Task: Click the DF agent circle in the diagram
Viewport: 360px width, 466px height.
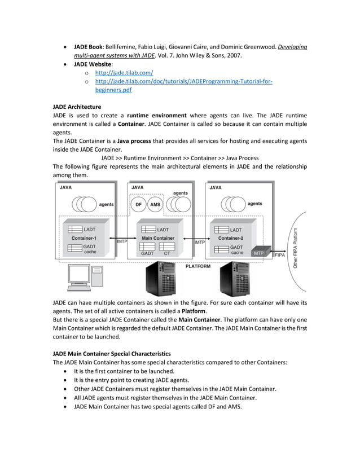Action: coord(139,205)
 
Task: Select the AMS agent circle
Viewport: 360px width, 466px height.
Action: coord(155,205)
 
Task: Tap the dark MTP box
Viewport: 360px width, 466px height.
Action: coord(258,253)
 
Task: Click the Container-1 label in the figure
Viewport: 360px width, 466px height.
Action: coord(84,238)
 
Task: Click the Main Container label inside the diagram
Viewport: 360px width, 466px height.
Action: coord(158,238)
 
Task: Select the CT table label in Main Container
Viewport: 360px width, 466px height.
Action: coord(168,254)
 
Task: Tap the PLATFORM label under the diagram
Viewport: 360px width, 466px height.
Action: coord(197,266)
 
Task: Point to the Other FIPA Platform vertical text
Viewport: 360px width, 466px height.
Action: coord(296,247)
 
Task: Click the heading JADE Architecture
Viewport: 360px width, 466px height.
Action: coord(77,106)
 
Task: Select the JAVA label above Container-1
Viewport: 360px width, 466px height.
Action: coord(65,187)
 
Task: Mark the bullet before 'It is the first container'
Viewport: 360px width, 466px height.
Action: coord(68,371)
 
